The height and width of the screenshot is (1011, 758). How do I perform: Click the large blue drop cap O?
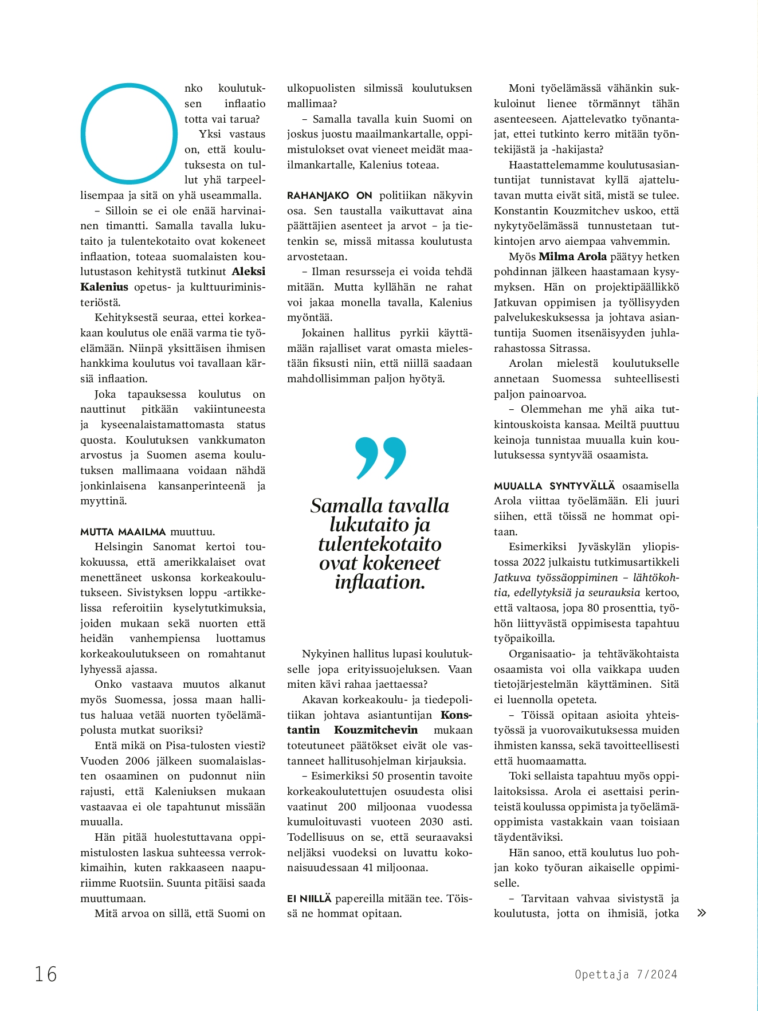(129, 134)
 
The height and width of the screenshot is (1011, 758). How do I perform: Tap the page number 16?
(46, 974)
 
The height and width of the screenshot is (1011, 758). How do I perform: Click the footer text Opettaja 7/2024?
(626, 974)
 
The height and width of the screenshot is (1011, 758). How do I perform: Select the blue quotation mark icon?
(380, 457)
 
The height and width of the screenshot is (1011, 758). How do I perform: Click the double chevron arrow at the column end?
(701, 913)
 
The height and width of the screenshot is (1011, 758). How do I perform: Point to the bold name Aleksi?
(248, 272)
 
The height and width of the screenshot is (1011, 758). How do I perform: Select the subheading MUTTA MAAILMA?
(123, 531)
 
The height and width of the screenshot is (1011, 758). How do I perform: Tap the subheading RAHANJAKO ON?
(329, 195)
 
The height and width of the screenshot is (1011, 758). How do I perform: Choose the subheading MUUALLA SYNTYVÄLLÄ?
(554, 485)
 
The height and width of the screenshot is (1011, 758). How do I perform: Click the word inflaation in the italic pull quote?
(380, 582)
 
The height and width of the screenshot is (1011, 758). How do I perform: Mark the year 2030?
(431, 821)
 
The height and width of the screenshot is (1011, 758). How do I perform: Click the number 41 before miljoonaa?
(369, 867)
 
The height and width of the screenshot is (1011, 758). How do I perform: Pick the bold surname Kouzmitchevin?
(376, 730)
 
